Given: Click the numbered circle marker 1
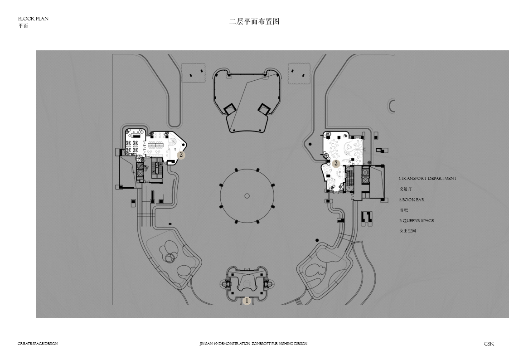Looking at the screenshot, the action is (247, 301).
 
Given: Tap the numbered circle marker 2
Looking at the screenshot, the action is (181, 155).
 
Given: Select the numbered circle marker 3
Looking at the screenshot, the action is (336, 163).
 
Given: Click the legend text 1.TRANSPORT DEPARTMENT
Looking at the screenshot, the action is (428, 179).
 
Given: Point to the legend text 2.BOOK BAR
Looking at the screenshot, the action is (412, 199).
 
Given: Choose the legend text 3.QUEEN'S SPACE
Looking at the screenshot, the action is (417, 220).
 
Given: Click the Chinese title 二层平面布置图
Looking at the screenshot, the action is (254, 22).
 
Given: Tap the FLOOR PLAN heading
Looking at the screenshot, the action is (34, 19).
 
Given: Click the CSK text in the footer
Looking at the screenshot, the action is (489, 343).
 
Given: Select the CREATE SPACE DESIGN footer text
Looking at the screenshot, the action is (38, 343).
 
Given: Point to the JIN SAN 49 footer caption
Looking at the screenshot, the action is (253, 343).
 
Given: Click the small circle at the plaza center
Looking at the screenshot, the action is (247, 196).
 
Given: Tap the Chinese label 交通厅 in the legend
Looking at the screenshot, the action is (406, 189).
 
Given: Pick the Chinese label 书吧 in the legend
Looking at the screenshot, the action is (403, 210).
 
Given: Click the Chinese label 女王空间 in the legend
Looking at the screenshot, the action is (407, 231).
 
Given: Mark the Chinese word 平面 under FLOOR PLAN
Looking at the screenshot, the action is (23, 26).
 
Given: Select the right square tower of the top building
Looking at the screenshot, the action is (264, 108).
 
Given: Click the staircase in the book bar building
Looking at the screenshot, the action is (158, 169).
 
